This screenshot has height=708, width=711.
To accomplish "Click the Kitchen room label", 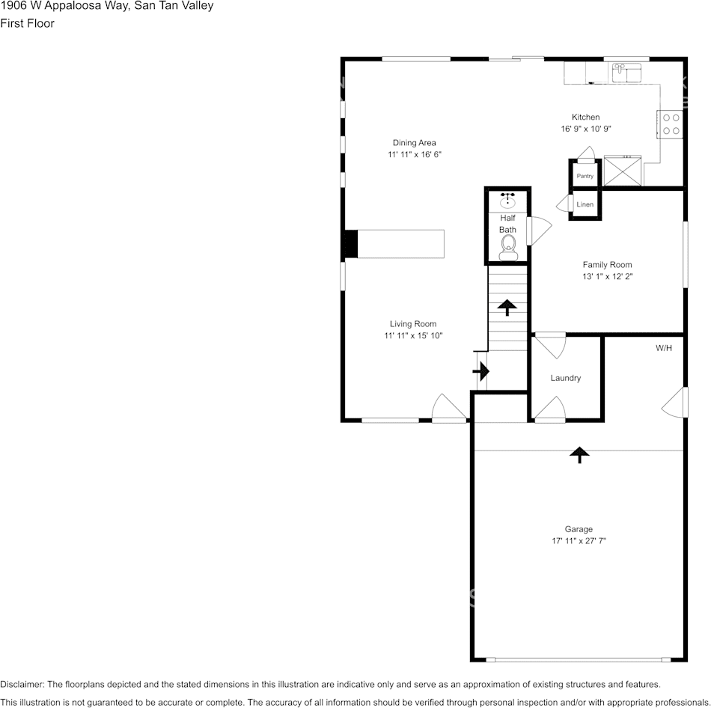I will [585, 117].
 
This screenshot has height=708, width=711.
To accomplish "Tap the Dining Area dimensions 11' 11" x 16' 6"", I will [414, 155].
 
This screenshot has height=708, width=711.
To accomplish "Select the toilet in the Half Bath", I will [508, 245].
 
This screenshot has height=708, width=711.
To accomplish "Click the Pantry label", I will [585, 176].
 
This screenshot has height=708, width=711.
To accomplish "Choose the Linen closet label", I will [585, 204].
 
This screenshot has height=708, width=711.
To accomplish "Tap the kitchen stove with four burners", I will [671, 123].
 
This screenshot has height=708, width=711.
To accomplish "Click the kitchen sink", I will [627, 73].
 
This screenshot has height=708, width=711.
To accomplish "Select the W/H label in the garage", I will [663, 348].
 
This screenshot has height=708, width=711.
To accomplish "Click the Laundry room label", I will [565, 378].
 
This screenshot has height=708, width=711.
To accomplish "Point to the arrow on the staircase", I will [507, 307].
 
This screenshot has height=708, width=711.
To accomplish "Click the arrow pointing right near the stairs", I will [480, 370].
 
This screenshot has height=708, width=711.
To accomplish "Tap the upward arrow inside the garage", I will [579, 454].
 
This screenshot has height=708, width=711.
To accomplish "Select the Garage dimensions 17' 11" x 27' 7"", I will [579, 541].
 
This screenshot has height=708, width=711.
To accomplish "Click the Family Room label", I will [607, 264].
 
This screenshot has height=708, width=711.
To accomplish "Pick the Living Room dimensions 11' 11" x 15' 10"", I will [413, 336].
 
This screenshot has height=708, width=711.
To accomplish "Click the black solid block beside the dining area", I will [350, 244].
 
